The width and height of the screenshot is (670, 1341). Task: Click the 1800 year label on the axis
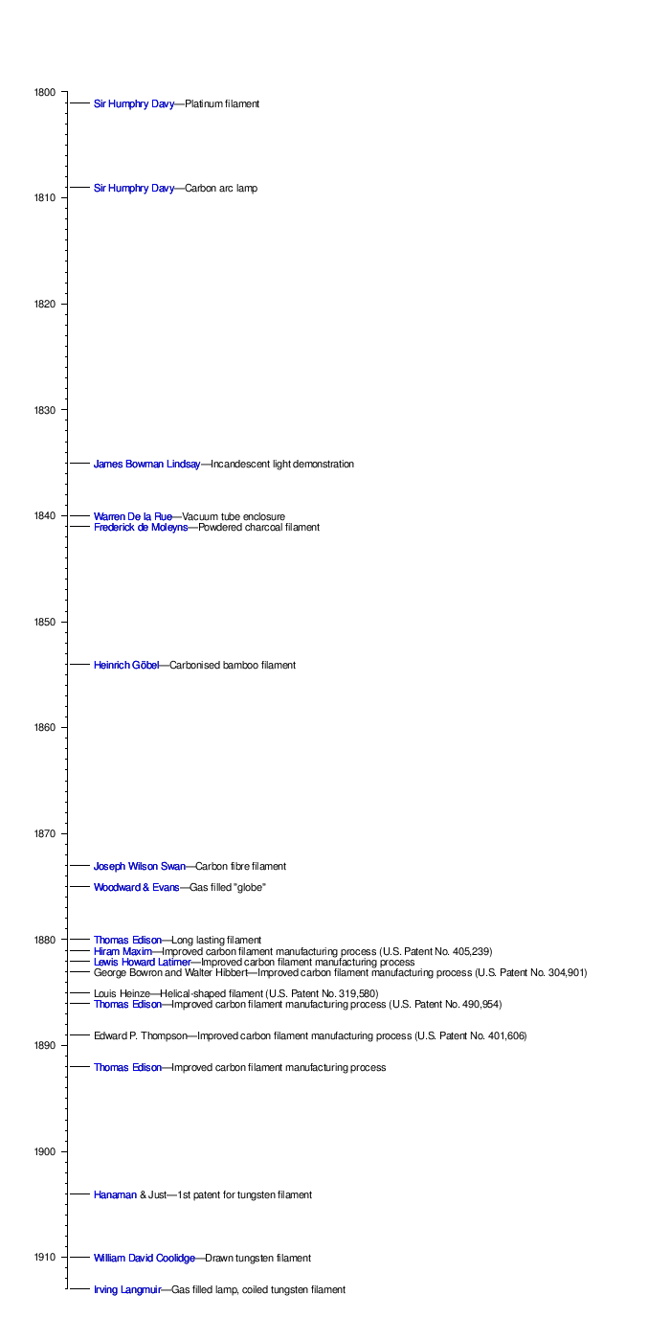point(45,92)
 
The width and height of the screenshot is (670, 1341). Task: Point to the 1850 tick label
point(45,623)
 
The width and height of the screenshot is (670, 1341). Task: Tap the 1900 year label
point(45,1151)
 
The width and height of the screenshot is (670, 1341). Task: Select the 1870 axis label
point(45,834)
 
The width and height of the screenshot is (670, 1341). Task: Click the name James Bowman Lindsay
point(146,465)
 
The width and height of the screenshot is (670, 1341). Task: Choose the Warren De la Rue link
point(132,517)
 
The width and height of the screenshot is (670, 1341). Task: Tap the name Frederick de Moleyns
point(140,528)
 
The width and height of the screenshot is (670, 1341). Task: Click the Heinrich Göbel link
point(125,666)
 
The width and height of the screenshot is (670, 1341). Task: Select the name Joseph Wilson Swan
point(140,867)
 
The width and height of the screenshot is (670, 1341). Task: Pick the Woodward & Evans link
point(136,888)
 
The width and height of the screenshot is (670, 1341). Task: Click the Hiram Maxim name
point(123,951)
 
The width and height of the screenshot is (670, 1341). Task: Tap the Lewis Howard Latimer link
point(142,962)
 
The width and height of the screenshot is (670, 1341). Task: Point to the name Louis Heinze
point(122,993)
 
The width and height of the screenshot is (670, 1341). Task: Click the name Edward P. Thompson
point(140,1036)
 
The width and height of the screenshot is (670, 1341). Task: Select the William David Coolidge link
point(144,1258)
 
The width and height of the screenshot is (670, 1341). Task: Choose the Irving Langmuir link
point(126,1290)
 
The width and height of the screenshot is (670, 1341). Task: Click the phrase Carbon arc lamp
point(221,189)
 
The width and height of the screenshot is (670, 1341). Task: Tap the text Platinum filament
point(222,103)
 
